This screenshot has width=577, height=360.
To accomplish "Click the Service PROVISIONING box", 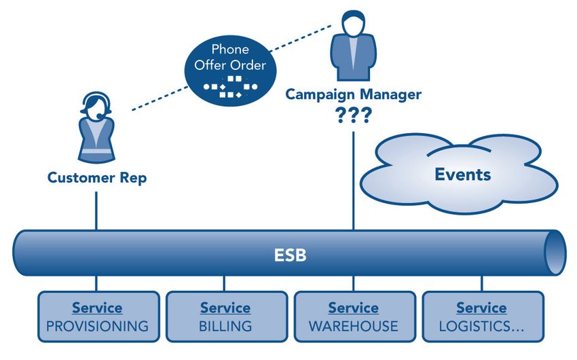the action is pyautogui.click(x=98, y=317).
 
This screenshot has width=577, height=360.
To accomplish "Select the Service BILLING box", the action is pyautogui.click(x=227, y=317).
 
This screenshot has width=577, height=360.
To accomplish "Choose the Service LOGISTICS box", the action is pyautogui.click(x=483, y=317).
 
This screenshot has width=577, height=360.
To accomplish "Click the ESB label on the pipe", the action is pyautogui.click(x=290, y=255).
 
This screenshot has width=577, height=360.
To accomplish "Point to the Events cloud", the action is pyautogui.click(x=459, y=174).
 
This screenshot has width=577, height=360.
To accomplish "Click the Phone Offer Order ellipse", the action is pyautogui.click(x=230, y=71).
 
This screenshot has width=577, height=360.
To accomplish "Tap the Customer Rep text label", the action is pyautogui.click(x=97, y=178).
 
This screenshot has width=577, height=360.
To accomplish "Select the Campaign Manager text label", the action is pyautogui.click(x=353, y=94).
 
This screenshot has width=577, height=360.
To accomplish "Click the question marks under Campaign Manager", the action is pyautogui.click(x=353, y=115).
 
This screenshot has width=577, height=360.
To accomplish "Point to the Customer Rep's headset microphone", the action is pyautogui.click(x=100, y=116).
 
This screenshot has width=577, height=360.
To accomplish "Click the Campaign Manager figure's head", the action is pyautogui.click(x=353, y=23).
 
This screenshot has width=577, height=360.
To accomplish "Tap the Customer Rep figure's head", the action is pyautogui.click(x=96, y=105).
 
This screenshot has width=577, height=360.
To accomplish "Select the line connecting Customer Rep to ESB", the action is pyautogui.click(x=96, y=211).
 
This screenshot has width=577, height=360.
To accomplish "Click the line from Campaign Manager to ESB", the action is pyautogui.click(x=354, y=181).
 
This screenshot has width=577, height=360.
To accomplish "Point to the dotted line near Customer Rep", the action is pyautogui.click(x=160, y=98).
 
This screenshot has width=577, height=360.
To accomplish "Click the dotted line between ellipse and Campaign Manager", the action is pyautogui.click(x=300, y=38).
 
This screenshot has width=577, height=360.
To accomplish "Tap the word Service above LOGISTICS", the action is pyautogui.click(x=481, y=308).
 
